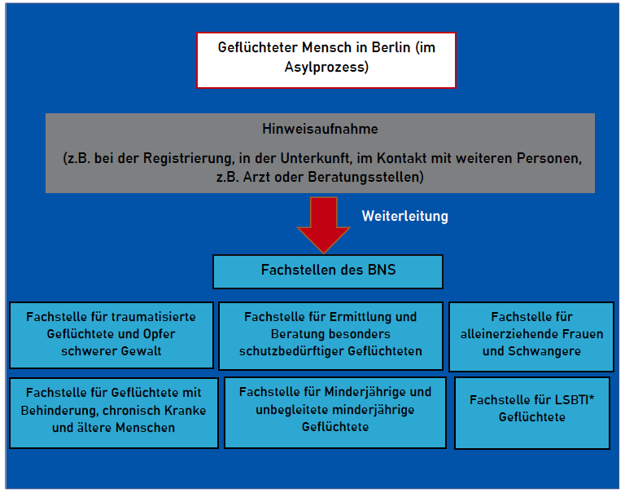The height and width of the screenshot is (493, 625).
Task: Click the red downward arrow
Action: [x=324, y=224]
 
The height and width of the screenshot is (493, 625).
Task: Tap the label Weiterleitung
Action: [x=405, y=216]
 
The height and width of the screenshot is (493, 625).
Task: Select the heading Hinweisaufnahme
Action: [x=320, y=129]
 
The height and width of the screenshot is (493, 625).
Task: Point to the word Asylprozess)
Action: [x=326, y=67]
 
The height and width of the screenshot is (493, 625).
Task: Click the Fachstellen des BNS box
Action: [x=328, y=271]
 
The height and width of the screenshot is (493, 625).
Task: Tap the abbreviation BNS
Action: [x=382, y=270]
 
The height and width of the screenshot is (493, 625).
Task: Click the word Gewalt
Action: [x=141, y=351]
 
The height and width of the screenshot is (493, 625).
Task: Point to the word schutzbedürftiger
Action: [x=292, y=351]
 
